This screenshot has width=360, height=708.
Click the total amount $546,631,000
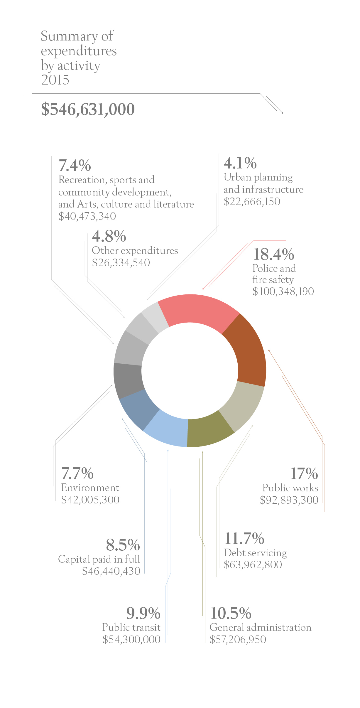point(88,109)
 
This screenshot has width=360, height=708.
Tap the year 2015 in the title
point(55,80)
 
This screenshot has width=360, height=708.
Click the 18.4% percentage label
point(273,254)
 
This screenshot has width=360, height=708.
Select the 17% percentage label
point(304,473)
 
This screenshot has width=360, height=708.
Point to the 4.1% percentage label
point(240,163)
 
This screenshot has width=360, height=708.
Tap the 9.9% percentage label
point(143,613)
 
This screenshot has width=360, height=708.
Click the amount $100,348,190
point(283,291)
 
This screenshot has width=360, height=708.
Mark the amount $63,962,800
point(253,564)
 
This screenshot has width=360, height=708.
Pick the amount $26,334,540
point(121,263)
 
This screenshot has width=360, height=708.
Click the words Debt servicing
point(255,553)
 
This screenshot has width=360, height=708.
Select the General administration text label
point(260,627)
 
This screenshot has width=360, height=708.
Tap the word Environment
point(90,488)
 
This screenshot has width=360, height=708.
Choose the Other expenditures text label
point(135,251)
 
